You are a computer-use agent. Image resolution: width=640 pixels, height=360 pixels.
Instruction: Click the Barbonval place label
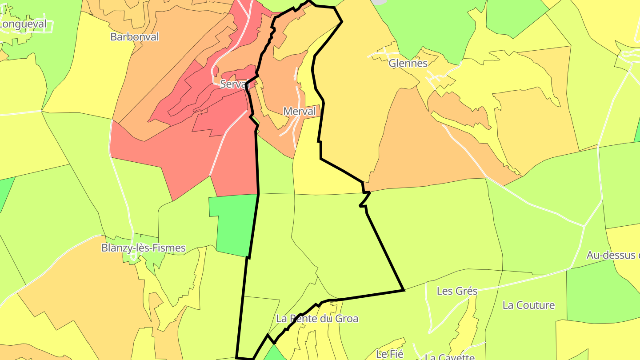134,37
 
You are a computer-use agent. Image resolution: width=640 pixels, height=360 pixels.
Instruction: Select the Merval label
300,111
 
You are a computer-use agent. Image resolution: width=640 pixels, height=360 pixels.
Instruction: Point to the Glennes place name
408,63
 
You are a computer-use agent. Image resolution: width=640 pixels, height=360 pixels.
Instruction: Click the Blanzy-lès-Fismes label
143,248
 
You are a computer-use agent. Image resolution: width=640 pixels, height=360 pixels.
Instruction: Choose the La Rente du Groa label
317,319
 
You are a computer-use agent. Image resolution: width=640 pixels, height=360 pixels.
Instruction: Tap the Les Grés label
457,291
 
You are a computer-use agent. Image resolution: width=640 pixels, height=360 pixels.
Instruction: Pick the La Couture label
528,305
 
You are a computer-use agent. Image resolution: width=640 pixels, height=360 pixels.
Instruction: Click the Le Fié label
389,354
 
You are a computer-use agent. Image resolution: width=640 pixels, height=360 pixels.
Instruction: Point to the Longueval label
23,24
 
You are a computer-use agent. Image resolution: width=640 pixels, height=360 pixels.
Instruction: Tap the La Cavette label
450,357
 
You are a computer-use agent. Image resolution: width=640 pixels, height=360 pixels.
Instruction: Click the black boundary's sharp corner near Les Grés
404,290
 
